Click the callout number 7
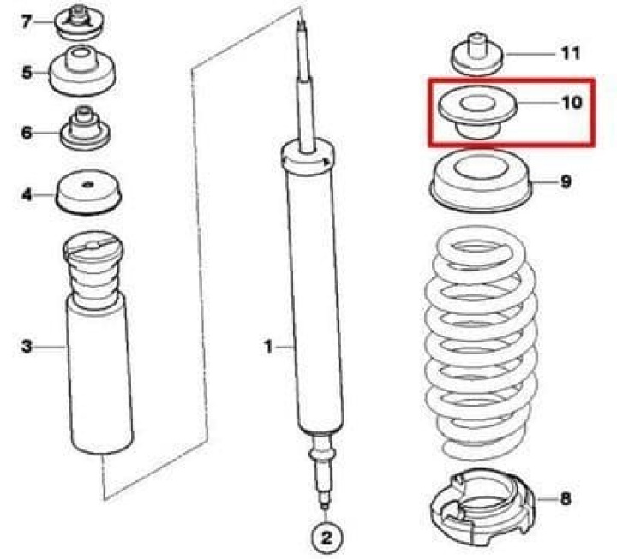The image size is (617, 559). [x=26, y=21]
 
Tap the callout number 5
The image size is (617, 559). [x=27, y=73]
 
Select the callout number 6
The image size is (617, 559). [x=27, y=133]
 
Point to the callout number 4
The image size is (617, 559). [x=27, y=194]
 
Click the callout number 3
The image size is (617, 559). [x=27, y=347]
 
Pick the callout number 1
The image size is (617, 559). [x=268, y=347]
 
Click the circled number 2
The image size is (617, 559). [x=326, y=538]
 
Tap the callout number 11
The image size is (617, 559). [x=571, y=53]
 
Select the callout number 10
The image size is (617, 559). [x=572, y=103]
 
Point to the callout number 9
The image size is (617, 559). [x=566, y=181]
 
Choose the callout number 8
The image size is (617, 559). [x=565, y=499]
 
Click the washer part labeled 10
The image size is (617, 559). [x=477, y=113]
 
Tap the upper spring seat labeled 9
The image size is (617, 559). [x=481, y=181]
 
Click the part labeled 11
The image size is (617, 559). [x=477, y=54]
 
